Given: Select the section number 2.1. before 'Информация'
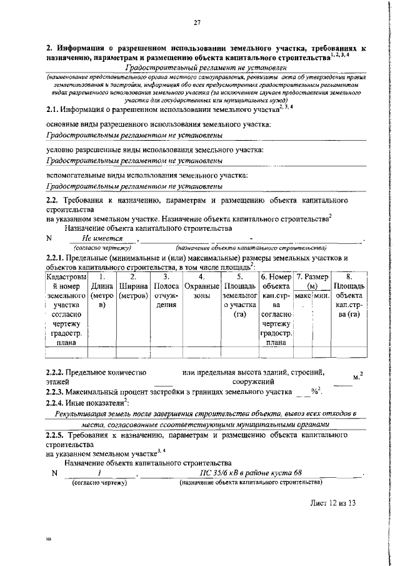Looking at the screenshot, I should coord(55,109).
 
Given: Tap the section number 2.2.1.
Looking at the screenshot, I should coord(59,258).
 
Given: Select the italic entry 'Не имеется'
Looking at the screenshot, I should coord(104,238).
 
